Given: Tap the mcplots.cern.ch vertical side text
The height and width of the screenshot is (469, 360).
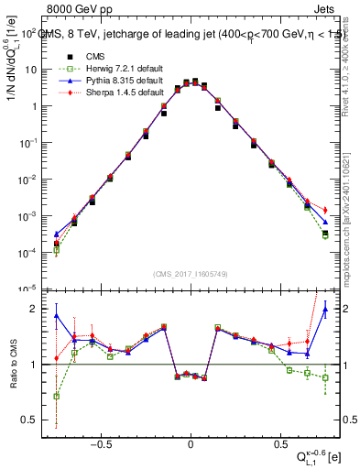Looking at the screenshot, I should [352, 192].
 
